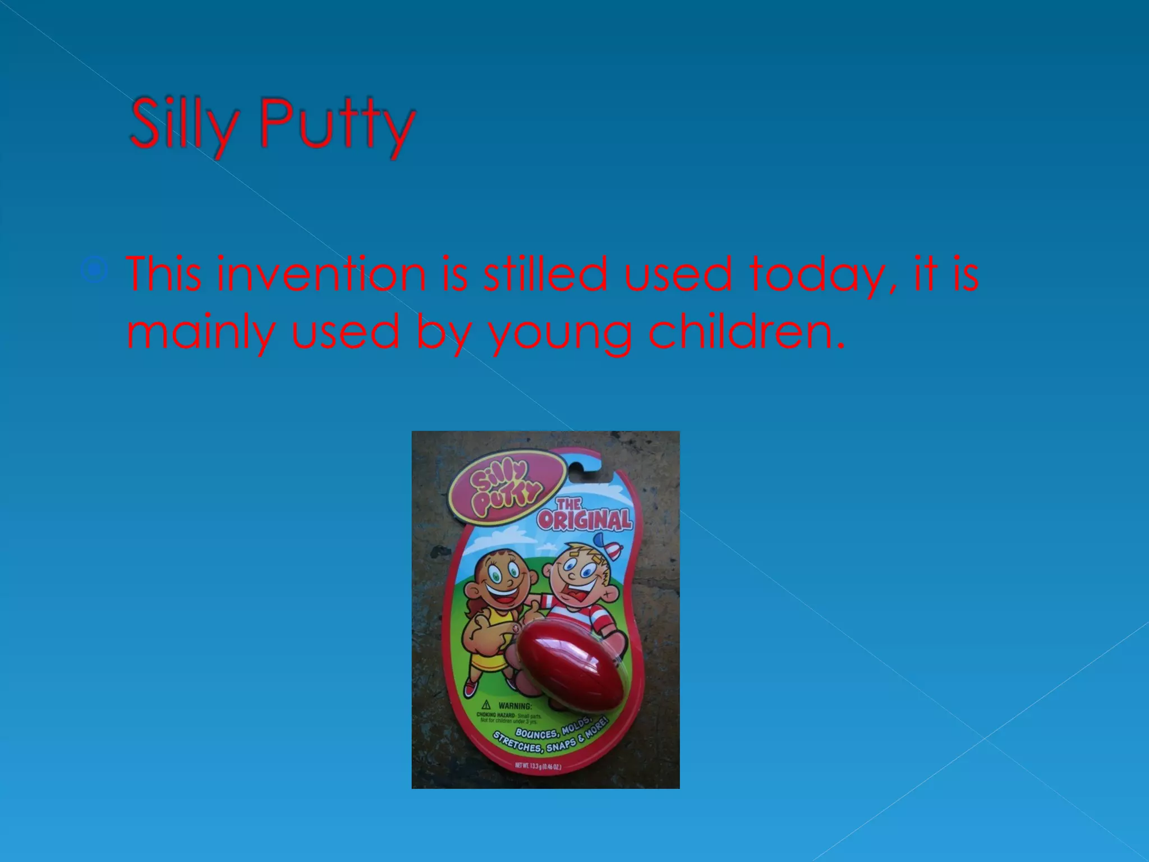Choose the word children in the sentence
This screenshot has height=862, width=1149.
click(746, 331)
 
